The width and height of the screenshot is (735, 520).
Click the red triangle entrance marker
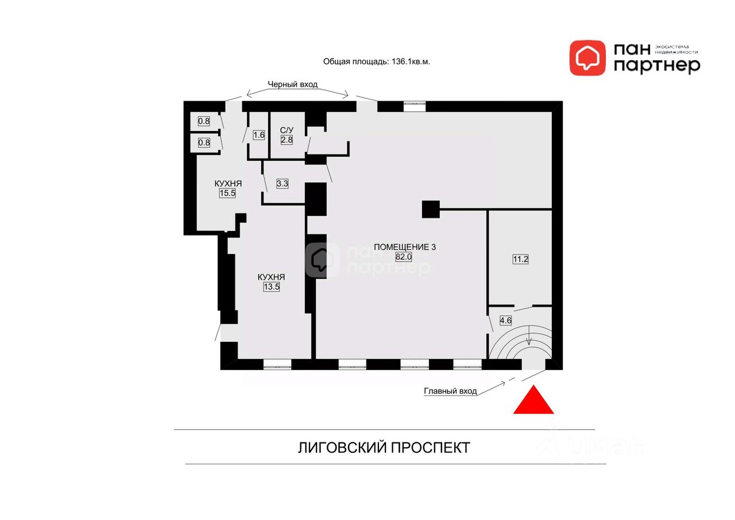click(533, 402)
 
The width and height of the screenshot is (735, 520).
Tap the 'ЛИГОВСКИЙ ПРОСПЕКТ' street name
click(384, 448)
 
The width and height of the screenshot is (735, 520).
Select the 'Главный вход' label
click(450, 391)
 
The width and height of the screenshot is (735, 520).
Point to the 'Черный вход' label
click(292, 84)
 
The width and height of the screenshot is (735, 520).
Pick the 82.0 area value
click(404, 257)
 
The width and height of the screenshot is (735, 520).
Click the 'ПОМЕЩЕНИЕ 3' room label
click(405, 247)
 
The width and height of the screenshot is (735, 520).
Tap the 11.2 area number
click(520, 259)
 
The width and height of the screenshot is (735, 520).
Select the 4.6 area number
click(506, 321)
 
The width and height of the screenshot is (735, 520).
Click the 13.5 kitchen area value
click(271, 287)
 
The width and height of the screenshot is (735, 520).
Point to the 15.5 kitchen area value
click(227, 193)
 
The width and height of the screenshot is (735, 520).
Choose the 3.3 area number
click(282, 184)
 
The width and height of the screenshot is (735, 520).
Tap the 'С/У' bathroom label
click(287, 130)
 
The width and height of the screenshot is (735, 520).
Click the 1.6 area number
click(258, 136)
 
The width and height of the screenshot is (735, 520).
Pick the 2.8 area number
click(287, 140)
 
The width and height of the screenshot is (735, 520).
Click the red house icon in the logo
click(587, 57)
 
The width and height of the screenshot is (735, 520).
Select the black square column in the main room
click(431, 209)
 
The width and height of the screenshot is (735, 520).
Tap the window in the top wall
click(414, 106)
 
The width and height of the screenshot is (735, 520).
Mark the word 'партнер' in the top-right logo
click(657, 66)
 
